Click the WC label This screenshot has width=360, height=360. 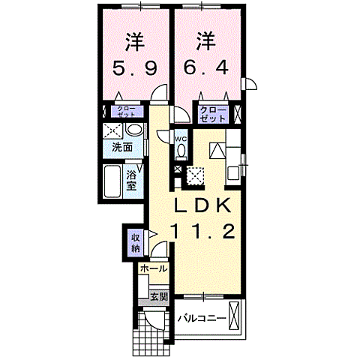[181, 139]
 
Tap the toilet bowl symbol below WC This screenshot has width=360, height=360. [181, 151]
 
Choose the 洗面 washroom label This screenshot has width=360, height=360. [122, 147]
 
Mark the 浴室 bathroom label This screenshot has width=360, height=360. [131, 179]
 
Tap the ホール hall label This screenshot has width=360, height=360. [152, 268]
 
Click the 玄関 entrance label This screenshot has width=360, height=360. [158, 296]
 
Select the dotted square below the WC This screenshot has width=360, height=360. [195, 175]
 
